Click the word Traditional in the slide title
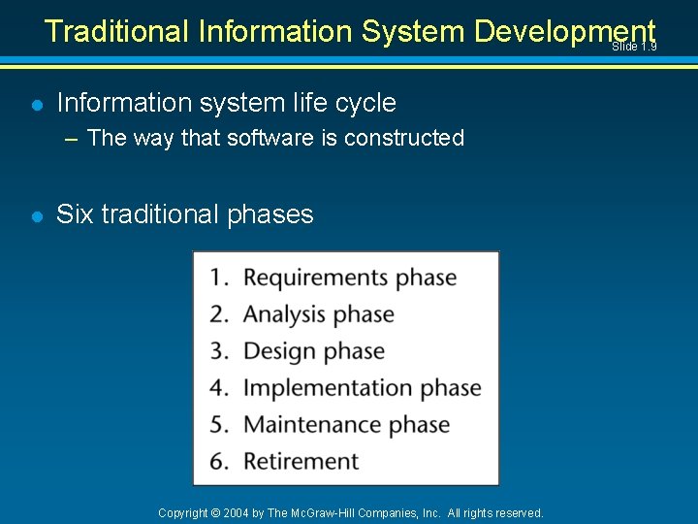tap(117, 31)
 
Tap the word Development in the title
tap(565, 31)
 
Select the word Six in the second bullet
tap(75, 214)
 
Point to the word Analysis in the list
tap(283, 314)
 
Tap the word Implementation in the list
tap(329, 388)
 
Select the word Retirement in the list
tap(301, 462)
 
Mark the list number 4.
tap(218, 388)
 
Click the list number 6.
tap(218, 462)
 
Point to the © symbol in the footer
tap(216, 512)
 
